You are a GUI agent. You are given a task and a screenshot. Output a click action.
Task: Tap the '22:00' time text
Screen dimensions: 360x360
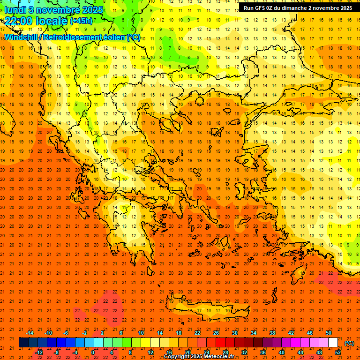19,21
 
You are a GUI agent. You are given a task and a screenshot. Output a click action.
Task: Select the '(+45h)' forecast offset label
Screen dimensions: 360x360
81,21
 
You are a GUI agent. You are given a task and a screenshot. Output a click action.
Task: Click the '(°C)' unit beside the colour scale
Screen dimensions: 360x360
349,343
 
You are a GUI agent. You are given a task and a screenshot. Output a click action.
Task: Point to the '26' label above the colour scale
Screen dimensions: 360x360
216,333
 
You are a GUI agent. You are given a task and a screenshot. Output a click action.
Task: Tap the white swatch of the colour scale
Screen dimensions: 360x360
333,343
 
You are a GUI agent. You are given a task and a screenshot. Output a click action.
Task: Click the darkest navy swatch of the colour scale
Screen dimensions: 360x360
23,343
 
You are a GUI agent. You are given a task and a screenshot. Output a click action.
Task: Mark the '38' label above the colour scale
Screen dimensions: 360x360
272,333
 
